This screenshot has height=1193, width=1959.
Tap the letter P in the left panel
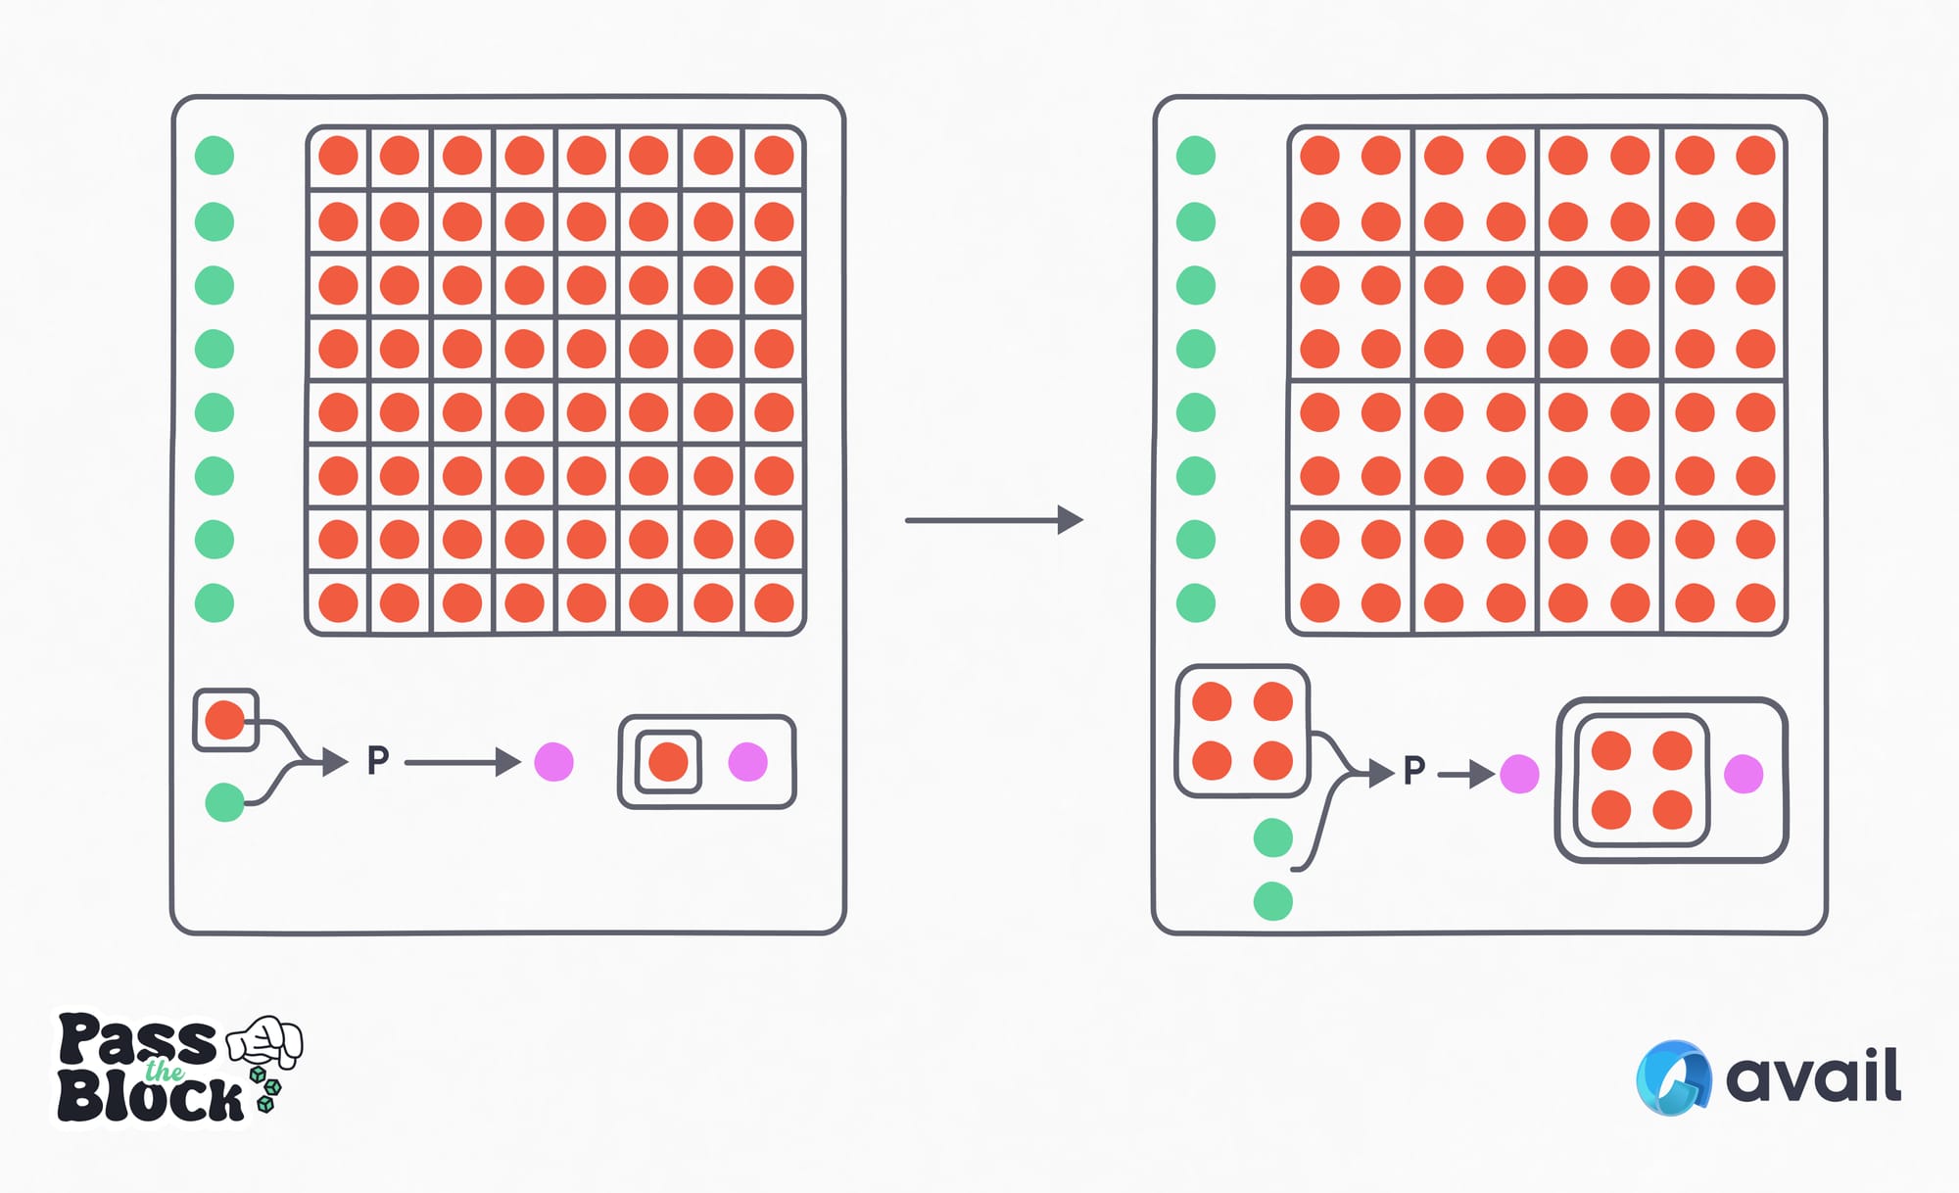(378, 760)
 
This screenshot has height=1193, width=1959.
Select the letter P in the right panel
(1413, 771)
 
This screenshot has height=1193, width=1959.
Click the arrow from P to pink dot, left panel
(460, 762)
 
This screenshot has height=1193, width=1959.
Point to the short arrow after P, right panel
(1465, 775)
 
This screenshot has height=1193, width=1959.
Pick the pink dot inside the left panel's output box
(748, 762)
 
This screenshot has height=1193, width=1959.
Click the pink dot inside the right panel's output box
(1744, 774)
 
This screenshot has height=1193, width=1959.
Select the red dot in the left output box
(668, 762)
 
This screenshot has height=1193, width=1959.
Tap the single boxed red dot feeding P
(225, 720)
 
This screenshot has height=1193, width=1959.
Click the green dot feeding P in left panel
(224, 802)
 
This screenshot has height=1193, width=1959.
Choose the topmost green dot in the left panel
(215, 156)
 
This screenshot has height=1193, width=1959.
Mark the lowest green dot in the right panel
(1272, 901)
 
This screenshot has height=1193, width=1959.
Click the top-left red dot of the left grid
(339, 156)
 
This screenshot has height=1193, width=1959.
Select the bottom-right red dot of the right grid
(1755, 603)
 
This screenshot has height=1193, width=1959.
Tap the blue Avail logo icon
(1673, 1077)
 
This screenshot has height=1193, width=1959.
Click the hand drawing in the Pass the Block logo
(266, 1040)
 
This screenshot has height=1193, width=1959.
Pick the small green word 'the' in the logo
(165, 1071)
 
